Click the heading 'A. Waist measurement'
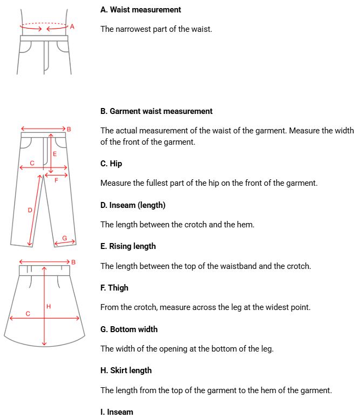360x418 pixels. click(x=140, y=10)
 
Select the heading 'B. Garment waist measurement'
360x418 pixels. click(x=156, y=111)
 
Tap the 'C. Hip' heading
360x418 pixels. click(x=111, y=164)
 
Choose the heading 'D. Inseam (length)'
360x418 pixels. click(x=133, y=205)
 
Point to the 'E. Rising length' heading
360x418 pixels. click(x=128, y=246)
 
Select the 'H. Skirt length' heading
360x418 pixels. click(x=126, y=370)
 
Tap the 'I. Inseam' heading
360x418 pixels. click(x=117, y=412)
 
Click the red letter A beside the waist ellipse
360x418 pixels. click(x=72, y=26)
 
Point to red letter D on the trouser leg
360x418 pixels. click(x=30, y=210)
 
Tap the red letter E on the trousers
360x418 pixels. click(x=55, y=154)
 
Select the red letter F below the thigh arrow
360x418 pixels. click(x=56, y=180)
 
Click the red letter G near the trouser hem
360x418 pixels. click(x=65, y=238)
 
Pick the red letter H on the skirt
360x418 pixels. click(x=49, y=307)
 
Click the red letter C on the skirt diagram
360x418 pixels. click(x=28, y=313)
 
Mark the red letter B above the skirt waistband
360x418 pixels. click(x=73, y=262)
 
